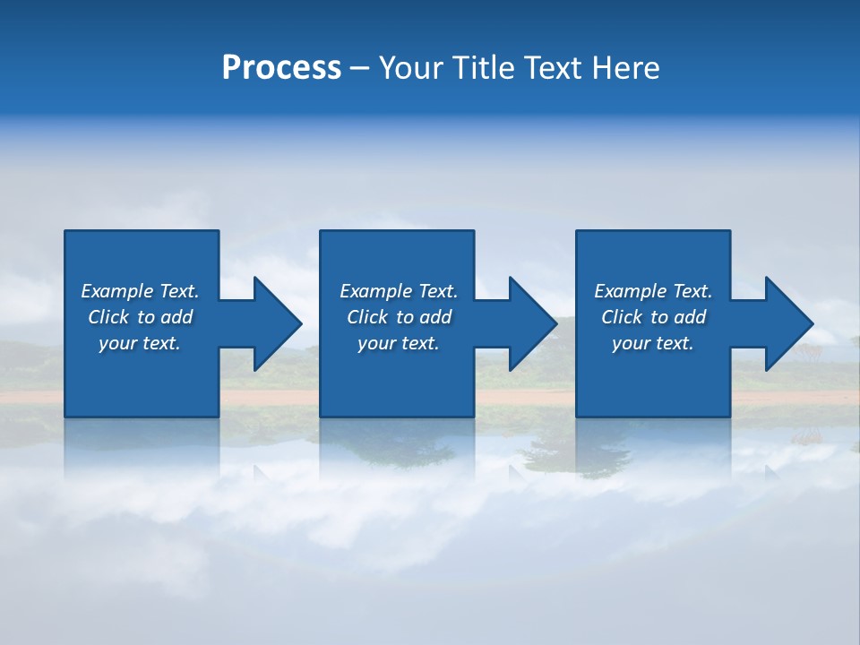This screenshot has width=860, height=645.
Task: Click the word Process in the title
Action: point(281,68)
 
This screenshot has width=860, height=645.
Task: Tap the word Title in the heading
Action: point(484,68)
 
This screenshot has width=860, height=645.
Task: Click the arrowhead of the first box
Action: point(278,323)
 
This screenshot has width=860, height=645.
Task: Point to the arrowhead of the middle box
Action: point(533,323)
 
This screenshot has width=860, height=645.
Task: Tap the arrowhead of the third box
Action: point(789,323)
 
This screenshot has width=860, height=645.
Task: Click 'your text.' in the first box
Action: point(140,343)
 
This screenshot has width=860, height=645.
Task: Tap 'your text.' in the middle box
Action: point(399,343)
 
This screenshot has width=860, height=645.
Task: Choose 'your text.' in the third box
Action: point(653,343)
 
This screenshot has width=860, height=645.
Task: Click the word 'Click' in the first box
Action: point(108,317)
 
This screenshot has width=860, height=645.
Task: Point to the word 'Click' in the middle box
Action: point(367,317)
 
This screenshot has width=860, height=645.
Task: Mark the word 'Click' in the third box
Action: point(622,317)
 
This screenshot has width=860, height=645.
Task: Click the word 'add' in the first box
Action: point(177,317)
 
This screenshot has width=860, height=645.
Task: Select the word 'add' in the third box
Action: point(691,317)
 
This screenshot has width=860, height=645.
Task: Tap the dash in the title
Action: point(359,68)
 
